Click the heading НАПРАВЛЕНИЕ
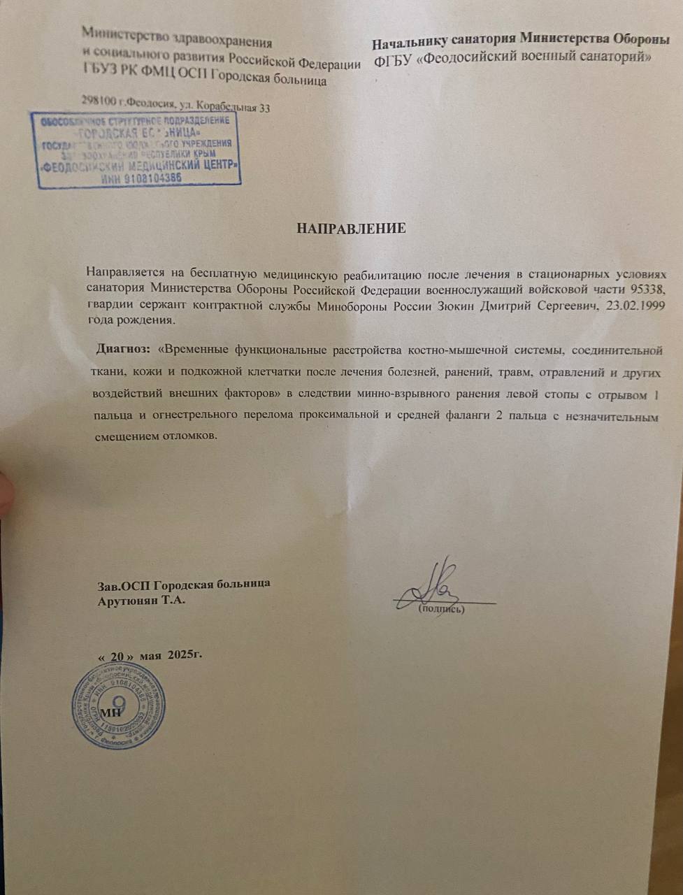pos(352,229)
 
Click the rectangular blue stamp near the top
pos(137,150)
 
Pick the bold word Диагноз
pos(123,348)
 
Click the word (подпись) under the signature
pos(441,609)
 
